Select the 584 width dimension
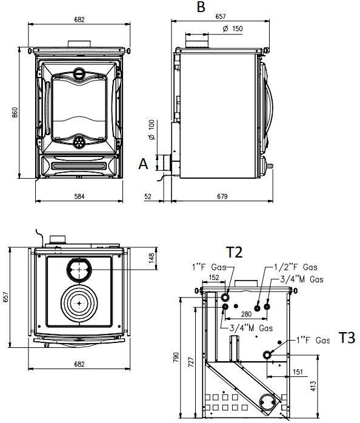[79, 196]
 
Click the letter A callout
[143, 164]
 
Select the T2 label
[235, 253]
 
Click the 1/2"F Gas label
[295, 267]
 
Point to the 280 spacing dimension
[245, 314]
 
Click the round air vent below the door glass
[79, 142]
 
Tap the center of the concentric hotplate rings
[79, 301]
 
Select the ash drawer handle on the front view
[79, 165]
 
